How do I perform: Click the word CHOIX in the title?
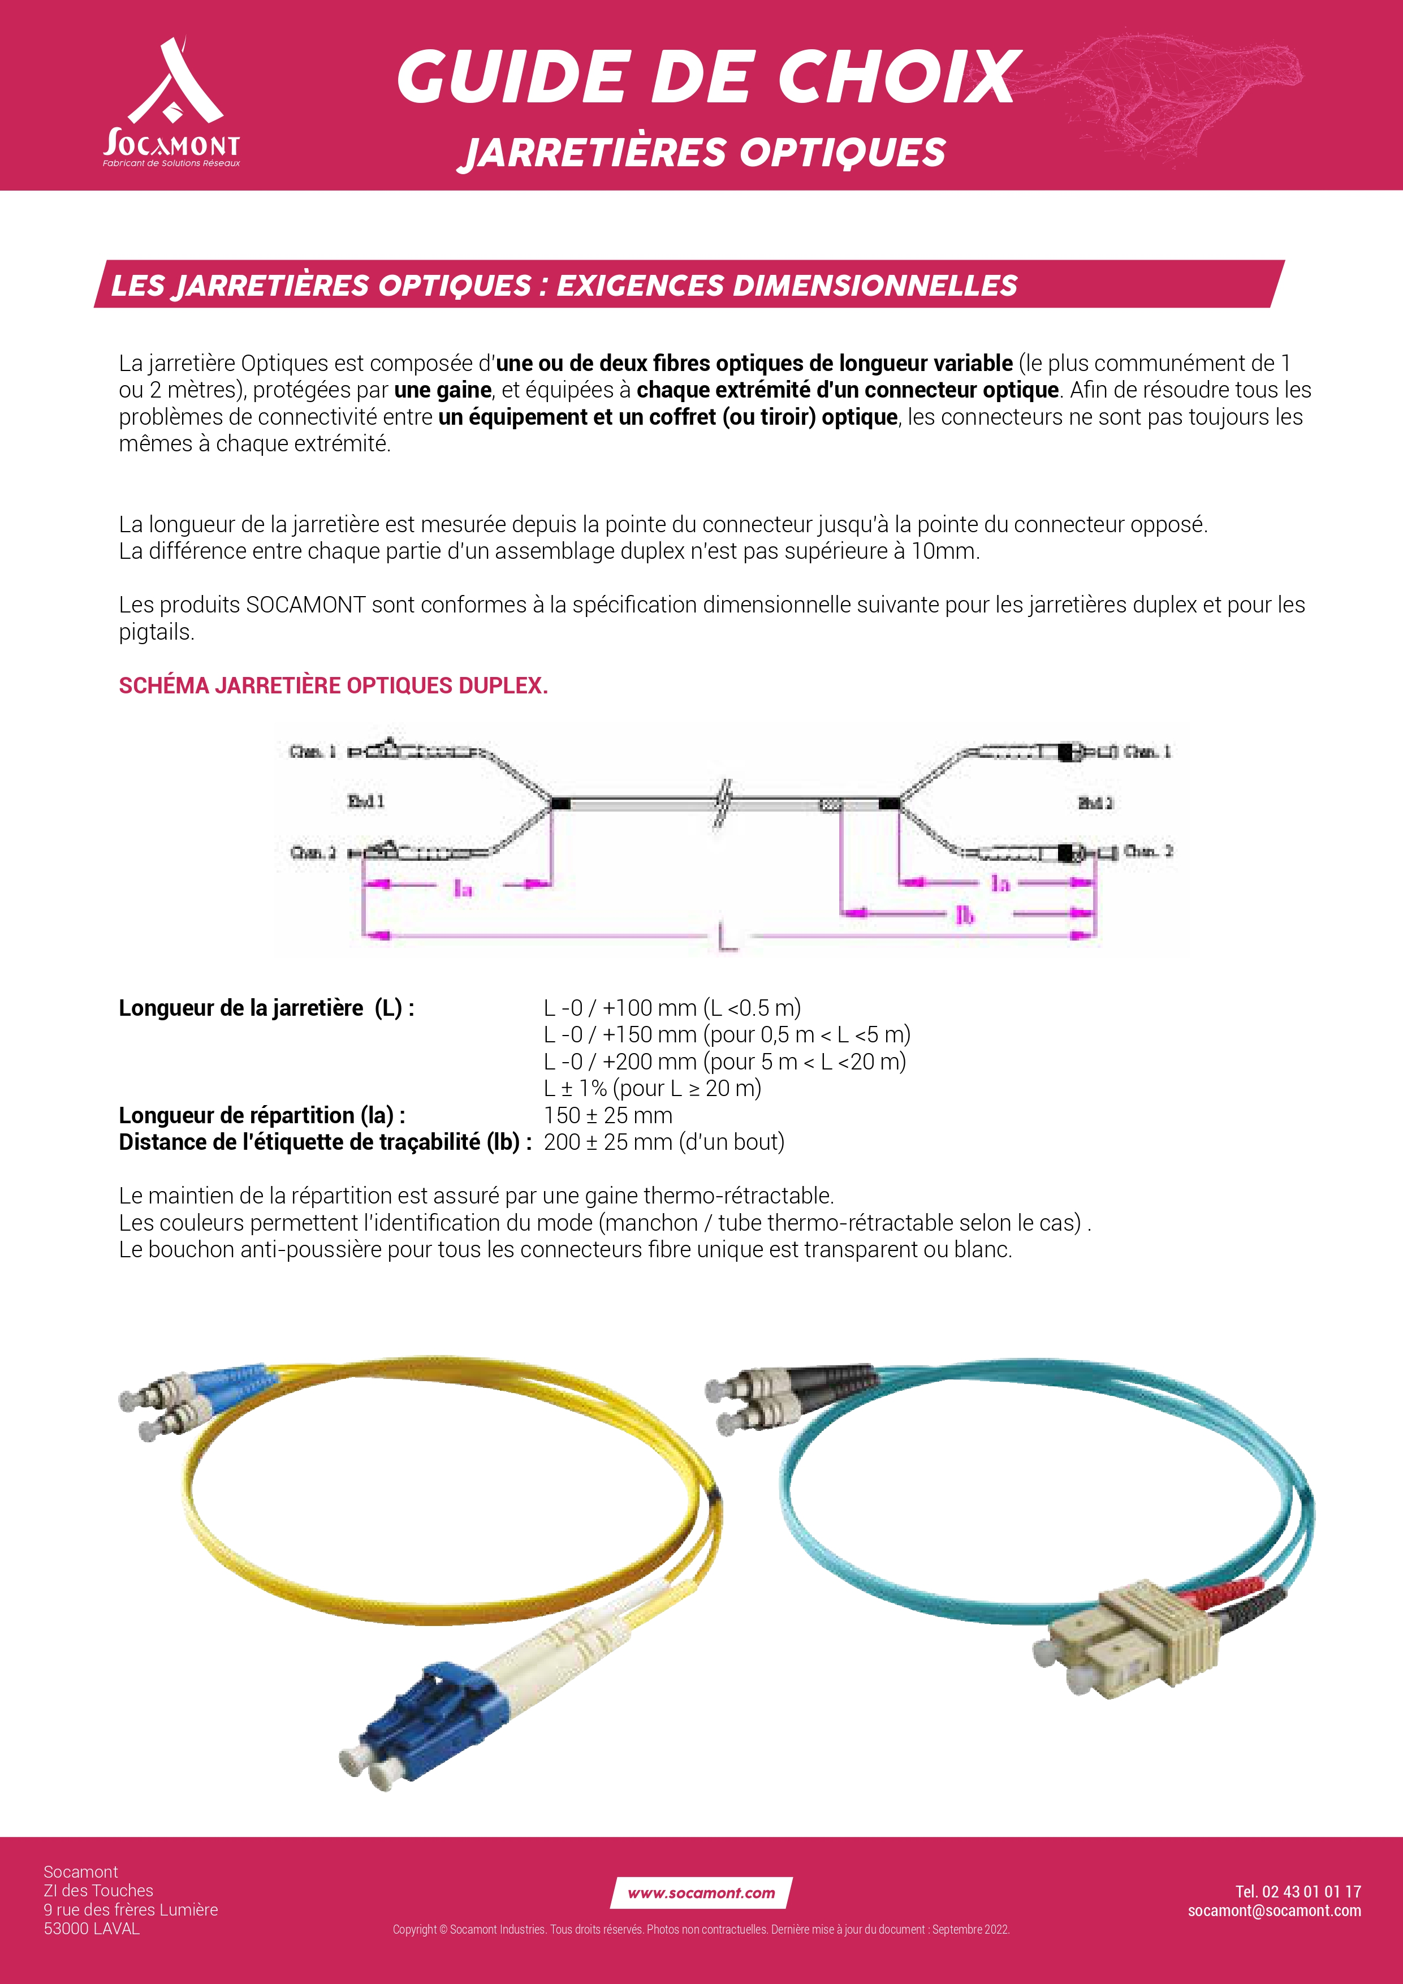pyautogui.click(x=899, y=78)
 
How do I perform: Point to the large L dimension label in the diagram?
pyautogui.click(x=727, y=936)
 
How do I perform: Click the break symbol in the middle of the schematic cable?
pyautogui.click(x=722, y=804)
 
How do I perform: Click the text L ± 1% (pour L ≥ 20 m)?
pyautogui.click(x=652, y=1088)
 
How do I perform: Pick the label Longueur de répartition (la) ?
pyautogui.click(x=262, y=1115)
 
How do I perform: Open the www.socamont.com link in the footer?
pyautogui.click(x=701, y=1892)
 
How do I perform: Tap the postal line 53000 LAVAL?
pyautogui.click(x=92, y=1928)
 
